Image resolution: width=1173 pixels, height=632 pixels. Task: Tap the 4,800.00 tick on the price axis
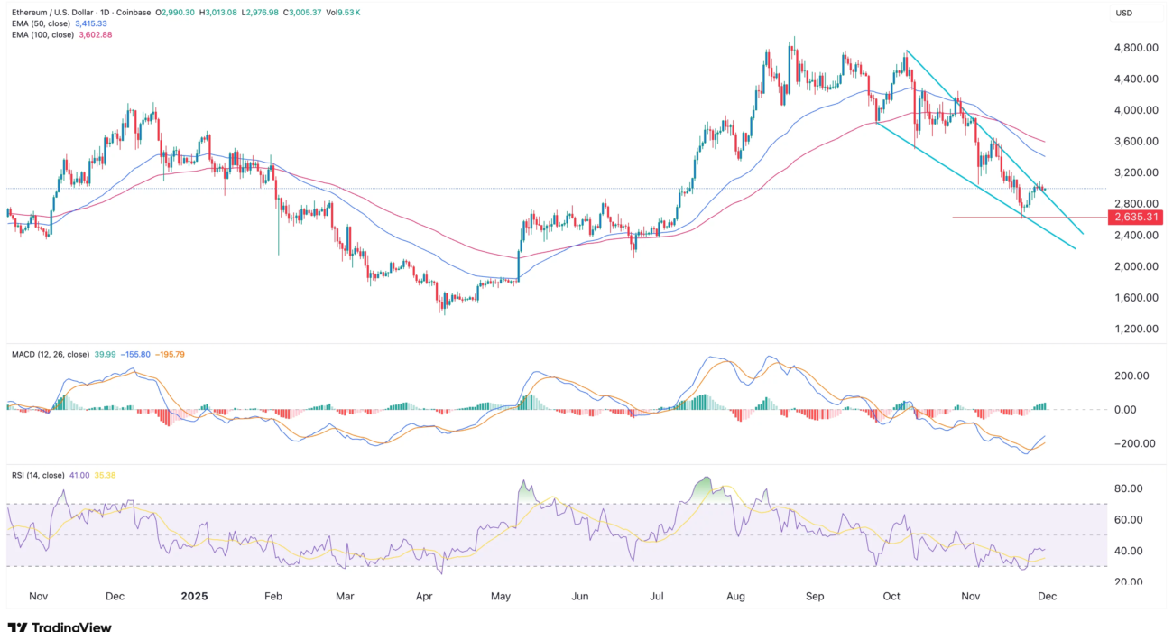point(1136,48)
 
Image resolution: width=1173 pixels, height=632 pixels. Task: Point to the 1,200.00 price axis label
point(1136,329)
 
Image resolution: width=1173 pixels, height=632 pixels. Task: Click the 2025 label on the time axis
point(195,597)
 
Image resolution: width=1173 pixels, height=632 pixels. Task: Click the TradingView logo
point(60,625)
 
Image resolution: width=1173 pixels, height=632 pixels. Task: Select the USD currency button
point(1124,13)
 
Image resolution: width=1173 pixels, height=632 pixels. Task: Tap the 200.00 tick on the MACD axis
point(1132,376)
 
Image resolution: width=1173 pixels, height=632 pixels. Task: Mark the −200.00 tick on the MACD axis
point(1131,443)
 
